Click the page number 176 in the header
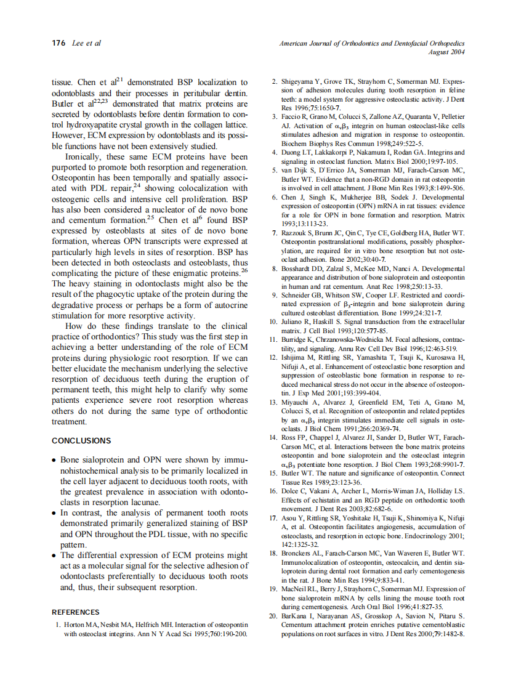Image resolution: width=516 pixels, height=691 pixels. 59,43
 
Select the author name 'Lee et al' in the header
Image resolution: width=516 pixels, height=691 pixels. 87,43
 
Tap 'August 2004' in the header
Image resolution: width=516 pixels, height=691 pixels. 446,52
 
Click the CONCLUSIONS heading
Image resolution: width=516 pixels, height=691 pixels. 81,440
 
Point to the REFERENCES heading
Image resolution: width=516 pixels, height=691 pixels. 75,612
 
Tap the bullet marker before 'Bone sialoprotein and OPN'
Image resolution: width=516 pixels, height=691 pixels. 55,460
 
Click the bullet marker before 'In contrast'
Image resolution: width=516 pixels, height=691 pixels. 55,513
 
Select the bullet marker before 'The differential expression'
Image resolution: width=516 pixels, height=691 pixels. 55,556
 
